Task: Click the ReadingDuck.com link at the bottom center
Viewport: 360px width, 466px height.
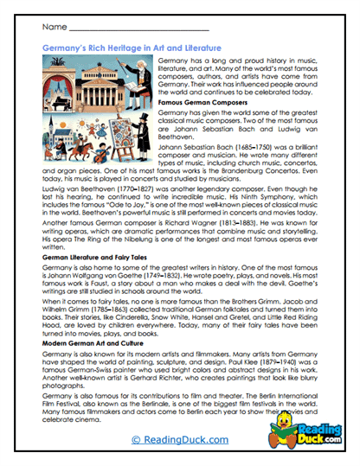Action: (179, 439)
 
